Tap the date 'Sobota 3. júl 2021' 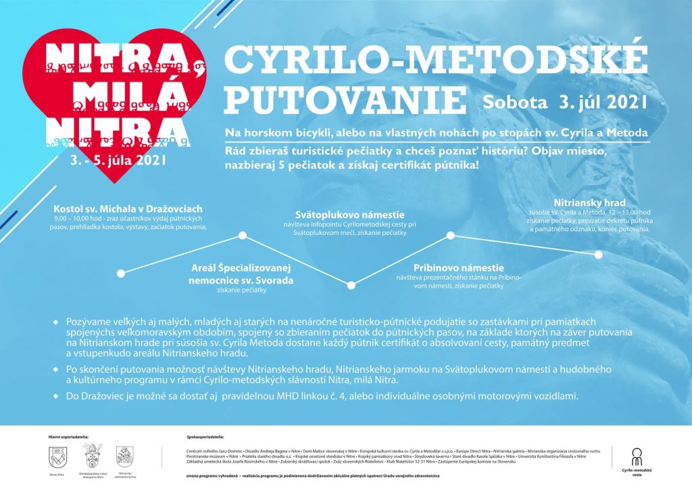565,101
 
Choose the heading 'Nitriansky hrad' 589,202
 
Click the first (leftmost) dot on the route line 122,273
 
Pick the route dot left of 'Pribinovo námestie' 451,236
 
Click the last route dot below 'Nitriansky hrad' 599,255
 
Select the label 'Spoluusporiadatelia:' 205,438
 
